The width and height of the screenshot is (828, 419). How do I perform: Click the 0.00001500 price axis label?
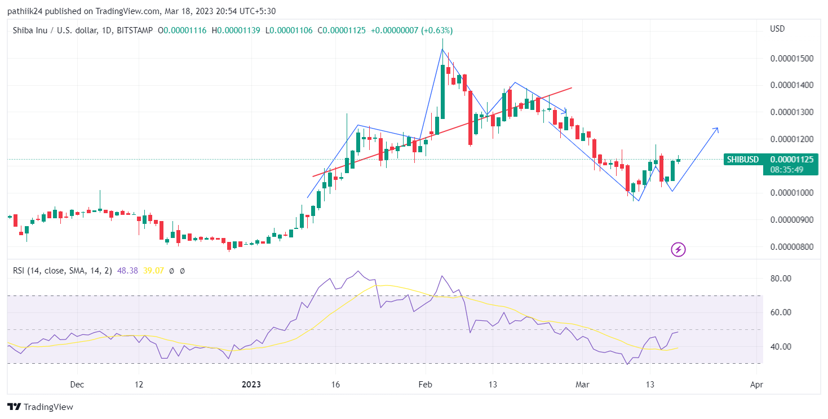791,59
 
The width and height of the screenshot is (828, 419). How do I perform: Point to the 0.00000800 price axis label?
791,246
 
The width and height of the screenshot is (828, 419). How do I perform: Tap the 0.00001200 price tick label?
791,139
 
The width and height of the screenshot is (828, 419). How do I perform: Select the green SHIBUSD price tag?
742,160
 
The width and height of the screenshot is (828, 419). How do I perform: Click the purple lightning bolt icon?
678,249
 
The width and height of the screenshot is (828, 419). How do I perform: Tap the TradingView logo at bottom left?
40,407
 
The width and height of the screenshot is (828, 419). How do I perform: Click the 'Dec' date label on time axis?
77,385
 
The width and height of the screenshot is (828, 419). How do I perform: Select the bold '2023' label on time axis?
251,385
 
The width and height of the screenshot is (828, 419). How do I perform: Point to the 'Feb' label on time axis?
425,385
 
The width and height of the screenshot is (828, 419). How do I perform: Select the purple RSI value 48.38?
127,271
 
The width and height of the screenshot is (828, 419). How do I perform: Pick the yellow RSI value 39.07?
153,271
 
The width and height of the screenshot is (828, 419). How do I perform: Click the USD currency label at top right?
777,29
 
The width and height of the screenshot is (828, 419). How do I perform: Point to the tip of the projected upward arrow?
718,129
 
